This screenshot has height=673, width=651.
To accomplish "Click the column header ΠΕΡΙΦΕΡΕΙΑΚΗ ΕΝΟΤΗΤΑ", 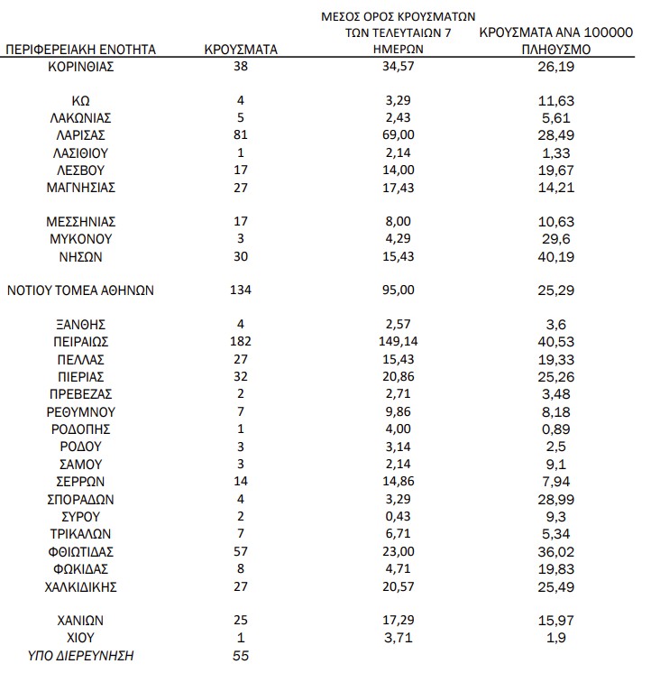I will (x=81, y=50).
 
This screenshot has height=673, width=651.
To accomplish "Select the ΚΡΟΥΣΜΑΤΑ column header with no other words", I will (x=241, y=50).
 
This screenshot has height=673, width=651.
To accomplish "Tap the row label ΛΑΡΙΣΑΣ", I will (x=81, y=135).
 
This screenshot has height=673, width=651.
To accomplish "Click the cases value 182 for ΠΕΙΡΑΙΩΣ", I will (x=241, y=342).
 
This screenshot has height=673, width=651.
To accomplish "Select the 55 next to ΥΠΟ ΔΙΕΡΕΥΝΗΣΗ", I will (x=241, y=656).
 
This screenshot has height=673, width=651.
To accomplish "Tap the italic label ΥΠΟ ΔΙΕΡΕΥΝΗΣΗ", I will (x=81, y=656).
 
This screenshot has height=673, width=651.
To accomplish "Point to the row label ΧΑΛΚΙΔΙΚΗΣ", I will (x=81, y=586).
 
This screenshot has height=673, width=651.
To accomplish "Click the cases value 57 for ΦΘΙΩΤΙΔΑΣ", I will (x=241, y=551).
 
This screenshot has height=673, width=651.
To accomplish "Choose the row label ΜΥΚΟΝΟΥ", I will (x=81, y=239).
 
